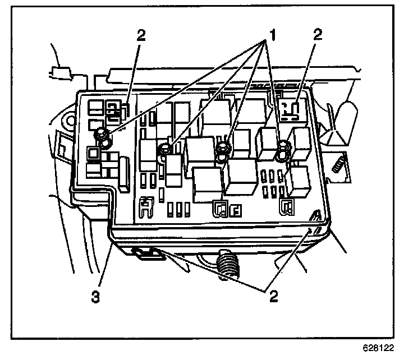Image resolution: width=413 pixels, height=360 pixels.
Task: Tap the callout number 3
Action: pos(96,296)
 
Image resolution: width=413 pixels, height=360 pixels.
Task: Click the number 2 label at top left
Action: pos(141,35)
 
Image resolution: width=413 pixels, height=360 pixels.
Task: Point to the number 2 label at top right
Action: pos(318,35)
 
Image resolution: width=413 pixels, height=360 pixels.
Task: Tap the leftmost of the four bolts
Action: pos(103,135)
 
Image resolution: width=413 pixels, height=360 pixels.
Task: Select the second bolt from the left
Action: pos(166,149)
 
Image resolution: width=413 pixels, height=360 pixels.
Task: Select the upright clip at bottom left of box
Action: pos(147,208)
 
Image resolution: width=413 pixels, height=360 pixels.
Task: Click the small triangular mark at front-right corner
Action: pos(317,215)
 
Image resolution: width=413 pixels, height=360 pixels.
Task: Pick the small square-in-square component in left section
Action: pos(92,152)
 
